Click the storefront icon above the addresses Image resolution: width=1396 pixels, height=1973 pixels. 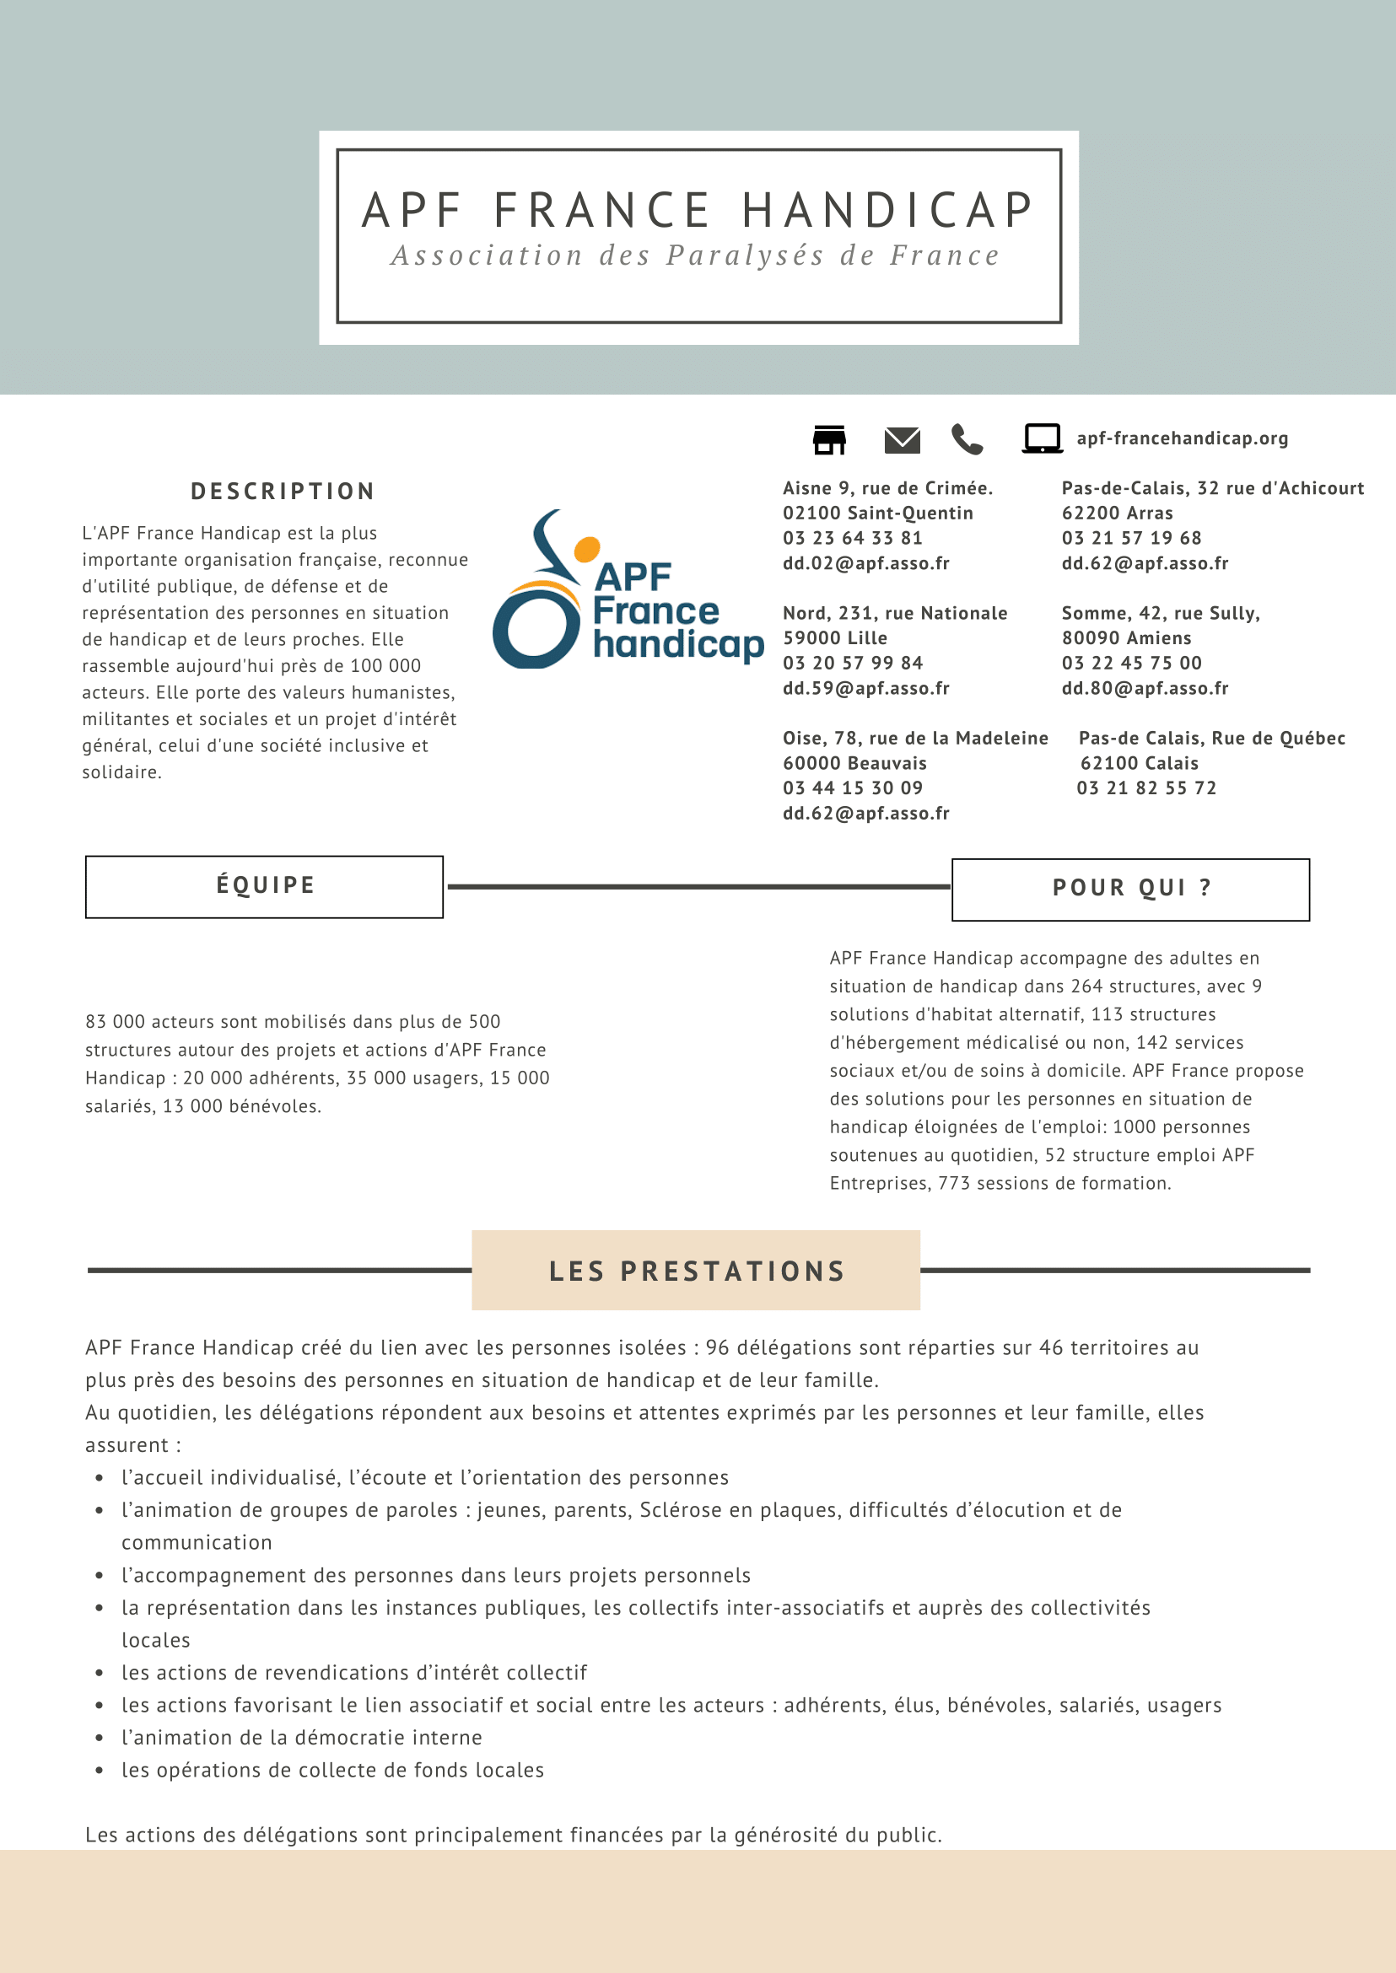(829, 439)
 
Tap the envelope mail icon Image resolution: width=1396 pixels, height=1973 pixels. (902, 440)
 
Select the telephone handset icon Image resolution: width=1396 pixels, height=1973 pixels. (967, 439)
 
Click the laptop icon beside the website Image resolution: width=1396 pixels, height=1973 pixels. (1042, 438)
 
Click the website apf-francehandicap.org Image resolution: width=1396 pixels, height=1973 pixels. (1182, 438)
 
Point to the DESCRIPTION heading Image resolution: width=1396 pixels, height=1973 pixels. (283, 492)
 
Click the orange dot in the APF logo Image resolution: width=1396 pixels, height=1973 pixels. (586, 548)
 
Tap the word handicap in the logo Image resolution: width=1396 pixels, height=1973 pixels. (677, 644)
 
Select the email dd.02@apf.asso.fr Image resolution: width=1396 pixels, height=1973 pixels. (865, 564)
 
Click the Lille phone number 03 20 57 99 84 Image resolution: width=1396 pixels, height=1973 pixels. (853, 664)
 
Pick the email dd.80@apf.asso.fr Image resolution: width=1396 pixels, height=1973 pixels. (1145, 688)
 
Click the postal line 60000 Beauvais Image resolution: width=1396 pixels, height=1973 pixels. (854, 763)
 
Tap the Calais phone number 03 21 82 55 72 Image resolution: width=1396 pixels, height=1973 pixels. (1146, 788)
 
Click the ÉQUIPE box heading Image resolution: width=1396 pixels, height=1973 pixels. (265, 886)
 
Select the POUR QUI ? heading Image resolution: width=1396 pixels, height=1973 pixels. (1131, 889)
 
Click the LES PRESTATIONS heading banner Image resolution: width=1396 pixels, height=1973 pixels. (696, 1271)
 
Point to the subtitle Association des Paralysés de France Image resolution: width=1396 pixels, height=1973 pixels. (696, 256)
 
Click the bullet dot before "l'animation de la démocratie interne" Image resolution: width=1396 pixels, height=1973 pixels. (100, 1739)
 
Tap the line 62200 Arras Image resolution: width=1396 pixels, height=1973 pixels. (1118, 513)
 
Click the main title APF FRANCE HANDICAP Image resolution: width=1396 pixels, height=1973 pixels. (698, 211)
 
